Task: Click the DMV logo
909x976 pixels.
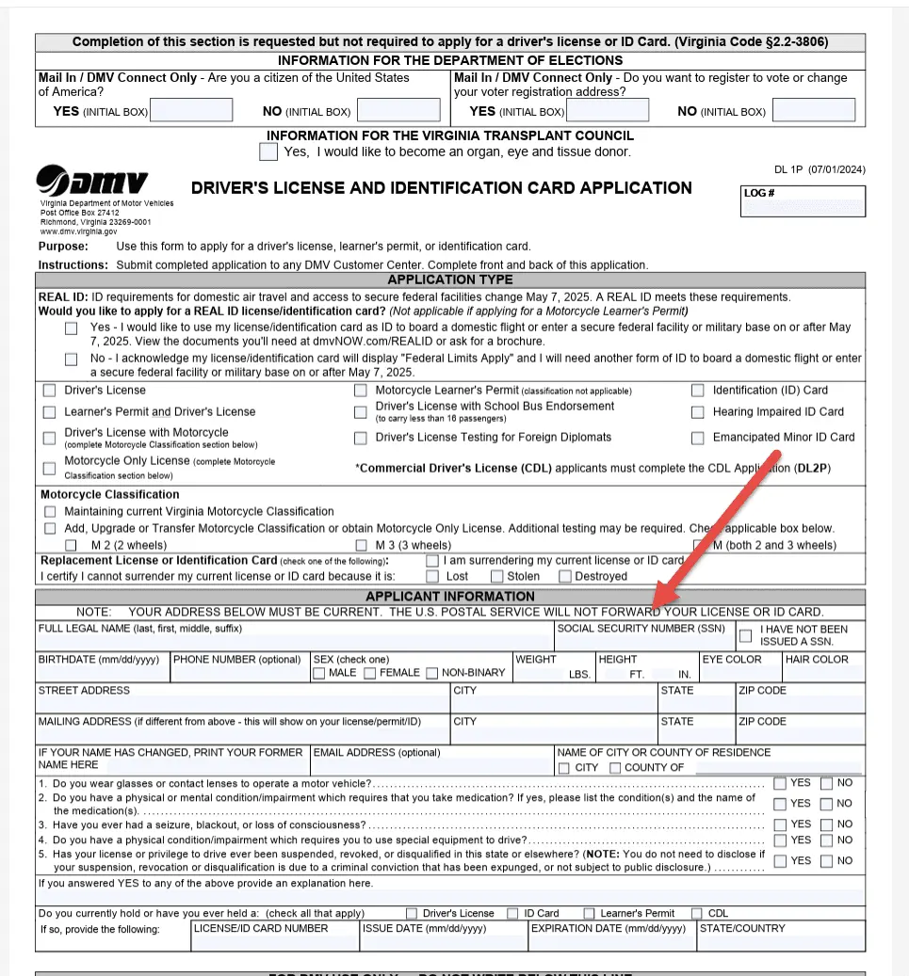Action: pyautogui.click(x=91, y=181)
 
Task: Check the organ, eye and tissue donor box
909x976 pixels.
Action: pyautogui.click(x=268, y=151)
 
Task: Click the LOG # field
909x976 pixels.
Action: pyautogui.click(x=803, y=201)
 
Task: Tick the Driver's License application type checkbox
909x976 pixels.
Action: pyautogui.click(x=49, y=391)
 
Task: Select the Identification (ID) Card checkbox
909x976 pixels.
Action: pyautogui.click(x=697, y=391)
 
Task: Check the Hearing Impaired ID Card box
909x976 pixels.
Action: pyautogui.click(x=697, y=412)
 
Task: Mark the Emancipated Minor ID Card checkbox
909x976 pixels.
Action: pyautogui.click(x=697, y=438)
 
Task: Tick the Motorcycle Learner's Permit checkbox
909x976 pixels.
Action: pyautogui.click(x=360, y=391)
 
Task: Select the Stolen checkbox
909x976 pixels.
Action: pyautogui.click(x=496, y=576)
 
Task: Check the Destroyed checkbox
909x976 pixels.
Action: pyautogui.click(x=565, y=576)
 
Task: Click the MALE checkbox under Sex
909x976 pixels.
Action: pyautogui.click(x=319, y=673)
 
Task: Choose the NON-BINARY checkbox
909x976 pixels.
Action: pyautogui.click(x=432, y=673)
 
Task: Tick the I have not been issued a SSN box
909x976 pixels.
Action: pyautogui.click(x=745, y=635)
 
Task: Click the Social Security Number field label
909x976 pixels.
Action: pyautogui.click(x=640, y=629)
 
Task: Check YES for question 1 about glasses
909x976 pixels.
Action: pyautogui.click(x=780, y=783)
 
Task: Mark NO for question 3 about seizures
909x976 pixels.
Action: pyautogui.click(x=826, y=824)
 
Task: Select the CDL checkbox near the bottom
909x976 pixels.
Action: pyautogui.click(x=696, y=913)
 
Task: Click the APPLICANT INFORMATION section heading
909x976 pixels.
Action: pyautogui.click(x=449, y=596)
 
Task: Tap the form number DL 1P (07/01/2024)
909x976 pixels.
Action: pyautogui.click(x=820, y=169)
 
